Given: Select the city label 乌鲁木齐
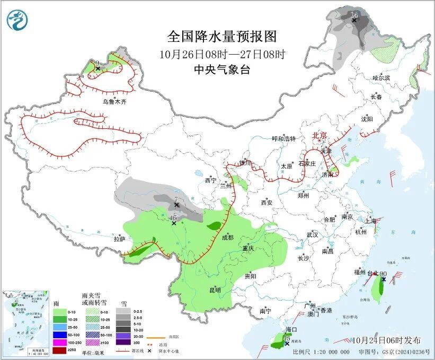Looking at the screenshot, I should pyautogui.click(x=115, y=101).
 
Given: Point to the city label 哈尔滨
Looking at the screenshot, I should pyautogui.click(x=380, y=78).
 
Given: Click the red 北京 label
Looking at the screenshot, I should pyautogui.click(x=319, y=135).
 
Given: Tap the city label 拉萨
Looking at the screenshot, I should pyautogui.click(x=119, y=239).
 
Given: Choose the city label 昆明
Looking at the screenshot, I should pyautogui.click(x=214, y=290).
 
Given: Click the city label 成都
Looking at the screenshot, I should pyautogui.click(x=228, y=237).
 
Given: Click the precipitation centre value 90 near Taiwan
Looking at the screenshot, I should pyautogui.click(x=384, y=274).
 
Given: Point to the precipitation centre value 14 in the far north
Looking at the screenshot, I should pyautogui.click(x=354, y=14).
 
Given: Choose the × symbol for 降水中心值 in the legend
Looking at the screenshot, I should pyautogui.click(x=150, y=350).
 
